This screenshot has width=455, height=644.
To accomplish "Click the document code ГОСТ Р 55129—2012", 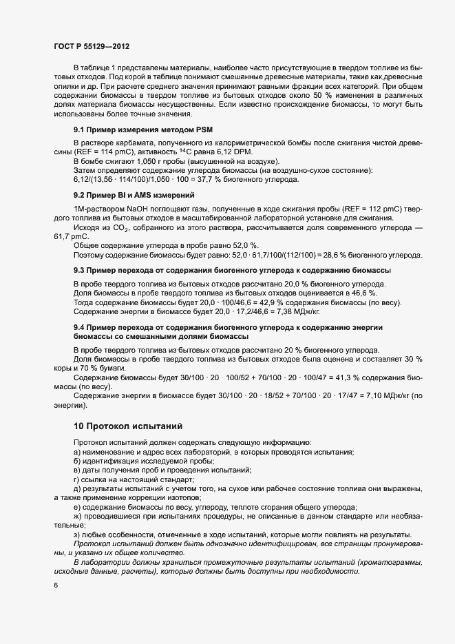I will [x=91, y=46].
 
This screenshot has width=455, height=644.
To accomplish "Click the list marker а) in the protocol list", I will [x=77, y=451].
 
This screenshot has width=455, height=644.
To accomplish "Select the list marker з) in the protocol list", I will [x=77, y=534].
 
